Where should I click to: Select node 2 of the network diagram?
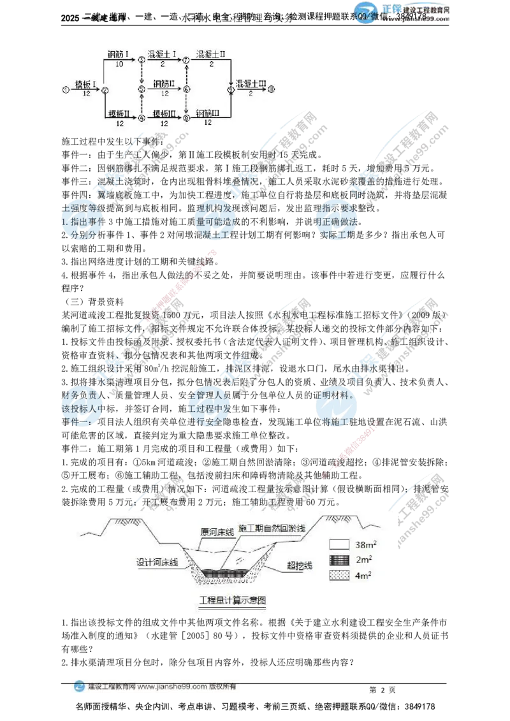(105, 90)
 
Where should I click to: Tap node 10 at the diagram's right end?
(272, 90)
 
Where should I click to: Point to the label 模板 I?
(85, 84)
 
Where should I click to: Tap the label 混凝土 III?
(251, 84)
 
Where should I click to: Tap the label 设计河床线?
(157, 563)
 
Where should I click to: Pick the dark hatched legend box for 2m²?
(339, 560)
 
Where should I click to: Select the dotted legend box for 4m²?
(339, 575)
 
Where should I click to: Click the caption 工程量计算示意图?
(231, 601)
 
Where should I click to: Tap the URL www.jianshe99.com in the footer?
(171, 687)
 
